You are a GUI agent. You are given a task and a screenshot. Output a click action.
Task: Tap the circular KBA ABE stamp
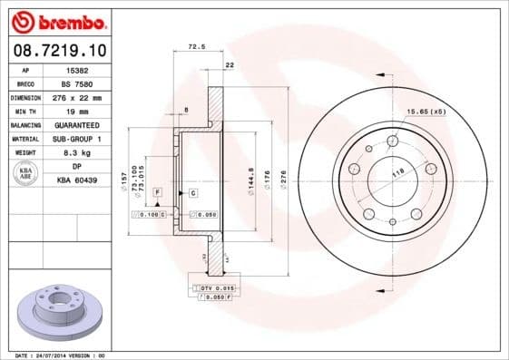point(26,174)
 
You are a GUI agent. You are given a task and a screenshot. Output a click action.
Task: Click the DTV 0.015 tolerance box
point(217,287)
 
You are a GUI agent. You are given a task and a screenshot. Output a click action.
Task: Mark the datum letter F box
point(157,193)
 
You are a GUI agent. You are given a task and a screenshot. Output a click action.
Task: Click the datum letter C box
point(193,193)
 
